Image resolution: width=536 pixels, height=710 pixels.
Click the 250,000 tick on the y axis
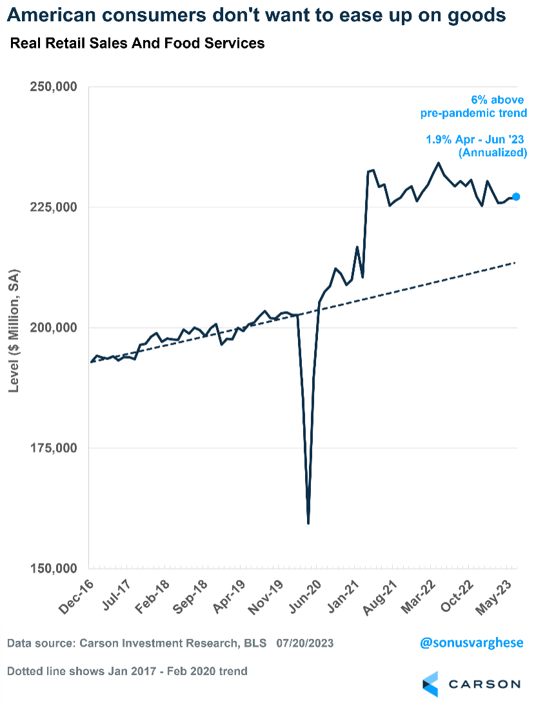coord(54,87)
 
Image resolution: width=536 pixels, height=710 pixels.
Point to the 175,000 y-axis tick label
coord(54,448)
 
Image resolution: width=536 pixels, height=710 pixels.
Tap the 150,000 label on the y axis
coord(54,569)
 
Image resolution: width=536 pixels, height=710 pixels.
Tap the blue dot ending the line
coord(516,197)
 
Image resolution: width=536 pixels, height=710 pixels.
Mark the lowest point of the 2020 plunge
coord(308,523)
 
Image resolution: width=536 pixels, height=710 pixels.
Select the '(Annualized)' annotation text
coord(493,153)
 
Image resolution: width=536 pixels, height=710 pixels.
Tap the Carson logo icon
coord(431,684)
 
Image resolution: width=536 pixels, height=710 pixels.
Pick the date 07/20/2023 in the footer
coord(305,644)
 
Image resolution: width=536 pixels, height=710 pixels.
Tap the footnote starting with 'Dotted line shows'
coord(127,671)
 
